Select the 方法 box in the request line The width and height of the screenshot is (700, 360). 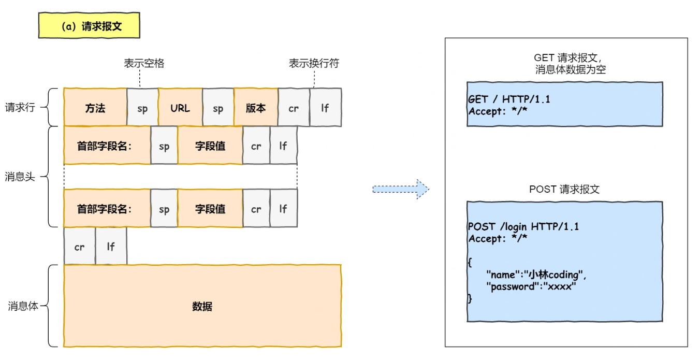[x=95, y=108]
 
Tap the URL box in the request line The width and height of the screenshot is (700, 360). [x=180, y=108]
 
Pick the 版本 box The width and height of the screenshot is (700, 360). [x=256, y=108]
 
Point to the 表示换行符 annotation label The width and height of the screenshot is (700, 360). [x=314, y=63]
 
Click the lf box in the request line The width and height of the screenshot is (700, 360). [x=325, y=108]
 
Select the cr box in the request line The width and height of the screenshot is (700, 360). [x=294, y=108]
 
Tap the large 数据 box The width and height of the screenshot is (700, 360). [x=202, y=306]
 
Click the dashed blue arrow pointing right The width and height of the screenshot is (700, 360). [x=400, y=189]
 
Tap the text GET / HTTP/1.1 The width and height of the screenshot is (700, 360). [x=508, y=99]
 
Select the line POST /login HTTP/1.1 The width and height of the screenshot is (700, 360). [x=523, y=226]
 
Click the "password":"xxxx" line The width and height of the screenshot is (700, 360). [x=531, y=286]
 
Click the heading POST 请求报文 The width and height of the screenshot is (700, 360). [x=564, y=189]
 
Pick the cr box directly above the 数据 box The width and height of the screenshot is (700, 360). [x=79, y=247]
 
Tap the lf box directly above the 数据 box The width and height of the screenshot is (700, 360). [x=111, y=247]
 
